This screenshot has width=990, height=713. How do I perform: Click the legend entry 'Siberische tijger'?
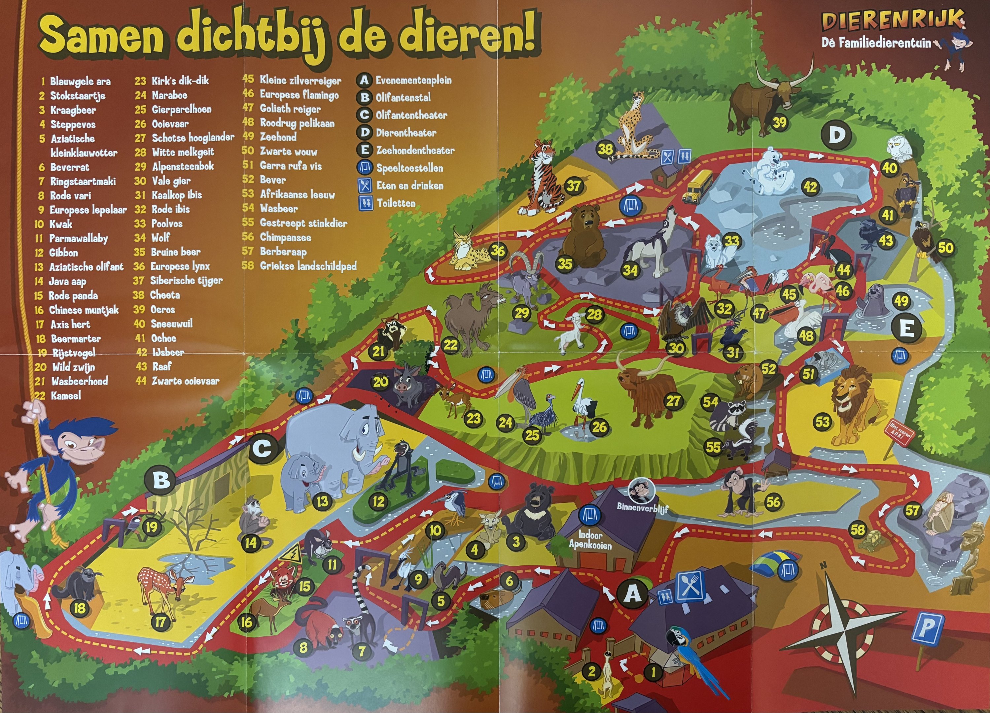coord(186,281)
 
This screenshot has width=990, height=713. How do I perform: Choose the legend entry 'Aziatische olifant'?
coord(86,267)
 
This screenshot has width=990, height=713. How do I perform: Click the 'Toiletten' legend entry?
coord(396,203)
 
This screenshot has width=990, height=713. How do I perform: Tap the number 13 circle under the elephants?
coord(322,501)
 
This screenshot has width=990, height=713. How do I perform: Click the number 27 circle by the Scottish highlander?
coord(673,401)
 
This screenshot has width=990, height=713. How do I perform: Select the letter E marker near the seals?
coord(906,328)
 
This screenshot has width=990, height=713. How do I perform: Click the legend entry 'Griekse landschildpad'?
coord(308,266)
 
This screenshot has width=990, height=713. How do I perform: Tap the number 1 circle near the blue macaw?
coord(654,672)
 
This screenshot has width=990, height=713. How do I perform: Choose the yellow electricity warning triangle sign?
coord(289,556)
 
